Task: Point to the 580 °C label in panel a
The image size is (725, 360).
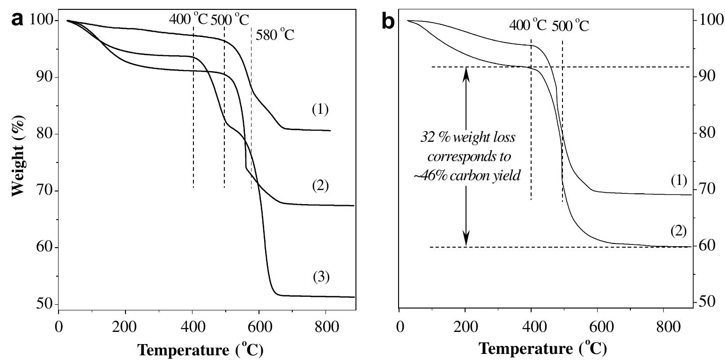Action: (x=275, y=35)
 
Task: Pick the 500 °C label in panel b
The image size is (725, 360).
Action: (x=570, y=25)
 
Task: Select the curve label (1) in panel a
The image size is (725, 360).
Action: (x=320, y=110)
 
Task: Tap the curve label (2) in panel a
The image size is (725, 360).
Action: (x=320, y=186)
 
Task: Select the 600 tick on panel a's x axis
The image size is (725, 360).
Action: (x=259, y=325)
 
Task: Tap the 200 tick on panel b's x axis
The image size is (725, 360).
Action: (x=465, y=326)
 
